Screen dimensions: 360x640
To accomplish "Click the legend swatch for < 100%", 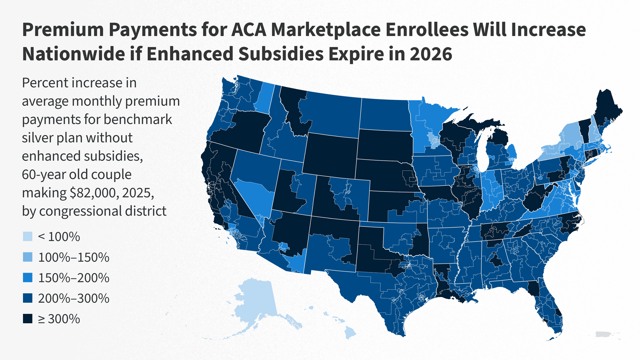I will (x=28, y=237).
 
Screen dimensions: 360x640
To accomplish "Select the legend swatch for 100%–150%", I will (x=28, y=257).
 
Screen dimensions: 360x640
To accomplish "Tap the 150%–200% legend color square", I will (x=28, y=278).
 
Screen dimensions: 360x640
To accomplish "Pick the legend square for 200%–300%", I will (x=28, y=298).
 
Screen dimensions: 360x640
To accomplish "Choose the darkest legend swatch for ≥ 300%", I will (x=28, y=319).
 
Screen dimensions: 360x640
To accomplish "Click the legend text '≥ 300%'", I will (x=59, y=319).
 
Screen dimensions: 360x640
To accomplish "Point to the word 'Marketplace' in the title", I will (x=326, y=30).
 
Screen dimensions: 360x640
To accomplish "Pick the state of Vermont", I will (x=583, y=128).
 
